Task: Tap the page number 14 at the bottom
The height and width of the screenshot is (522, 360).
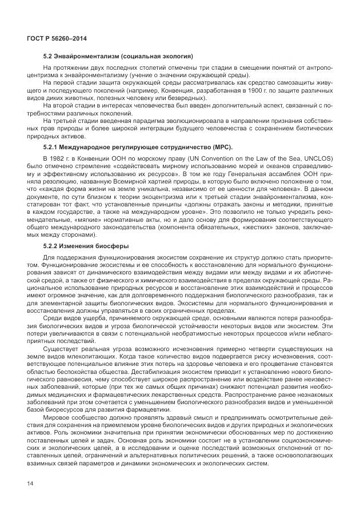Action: (x=30, y=483)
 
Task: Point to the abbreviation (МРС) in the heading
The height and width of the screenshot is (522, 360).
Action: (x=220, y=147)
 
